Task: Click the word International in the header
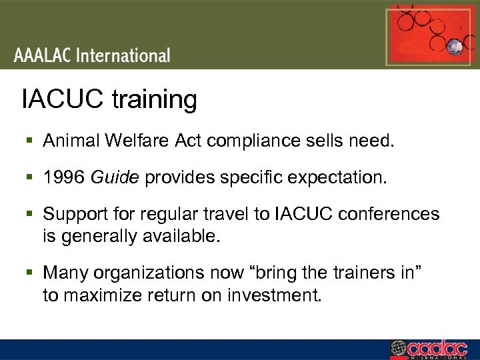[x=123, y=55]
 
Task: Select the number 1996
[x=63, y=178]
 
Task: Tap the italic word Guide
[x=115, y=178]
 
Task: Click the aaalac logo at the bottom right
[x=433, y=349]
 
